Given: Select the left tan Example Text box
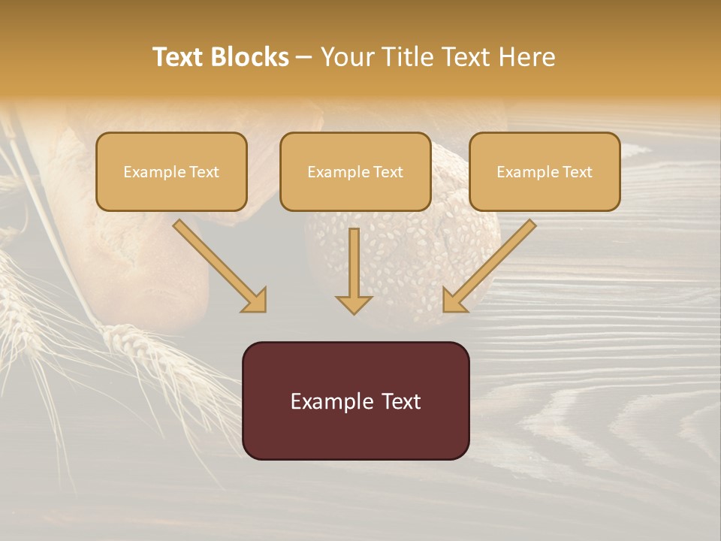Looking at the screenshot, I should (x=171, y=171).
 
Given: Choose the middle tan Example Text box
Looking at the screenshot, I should (x=355, y=171).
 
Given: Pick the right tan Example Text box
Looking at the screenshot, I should (x=545, y=171).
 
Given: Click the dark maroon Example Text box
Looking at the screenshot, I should (x=355, y=400).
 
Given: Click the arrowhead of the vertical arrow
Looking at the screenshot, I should (x=354, y=304).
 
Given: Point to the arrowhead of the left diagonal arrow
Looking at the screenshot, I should (x=255, y=300).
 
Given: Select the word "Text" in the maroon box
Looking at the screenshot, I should (x=402, y=401).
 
